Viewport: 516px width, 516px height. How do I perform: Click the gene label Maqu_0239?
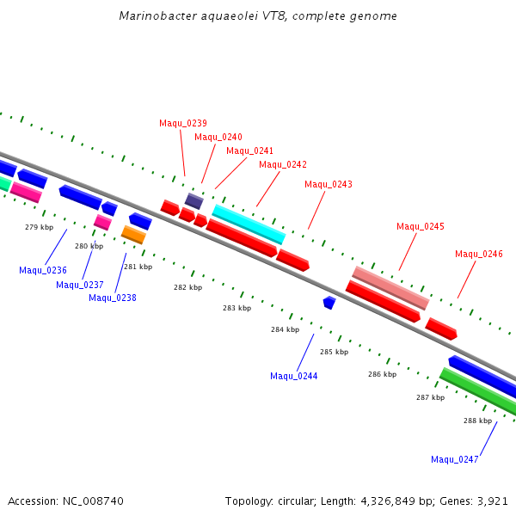tap(183, 123)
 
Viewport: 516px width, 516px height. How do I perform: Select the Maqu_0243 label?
tap(329, 184)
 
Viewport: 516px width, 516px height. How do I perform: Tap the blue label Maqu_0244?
tap(294, 376)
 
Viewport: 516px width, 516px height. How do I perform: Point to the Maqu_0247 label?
tap(454, 459)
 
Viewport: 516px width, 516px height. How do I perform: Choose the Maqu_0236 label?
tap(43, 271)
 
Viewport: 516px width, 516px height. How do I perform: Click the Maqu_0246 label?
tap(479, 254)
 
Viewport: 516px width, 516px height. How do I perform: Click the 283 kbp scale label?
tap(237, 308)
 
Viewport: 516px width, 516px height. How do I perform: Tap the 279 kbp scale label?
tap(40, 227)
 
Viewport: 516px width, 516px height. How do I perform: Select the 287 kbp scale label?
tap(431, 397)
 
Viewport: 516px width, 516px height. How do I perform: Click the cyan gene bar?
tap(249, 224)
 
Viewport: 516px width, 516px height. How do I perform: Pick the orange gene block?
tap(133, 235)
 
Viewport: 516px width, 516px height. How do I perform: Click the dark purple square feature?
tap(194, 201)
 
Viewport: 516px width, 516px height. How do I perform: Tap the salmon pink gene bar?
tap(390, 288)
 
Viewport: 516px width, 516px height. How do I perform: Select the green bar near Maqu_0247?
tap(478, 390)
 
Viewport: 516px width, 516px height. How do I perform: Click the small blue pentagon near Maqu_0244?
tap(329, 303)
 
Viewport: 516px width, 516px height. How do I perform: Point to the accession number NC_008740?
tap(93, 501)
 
